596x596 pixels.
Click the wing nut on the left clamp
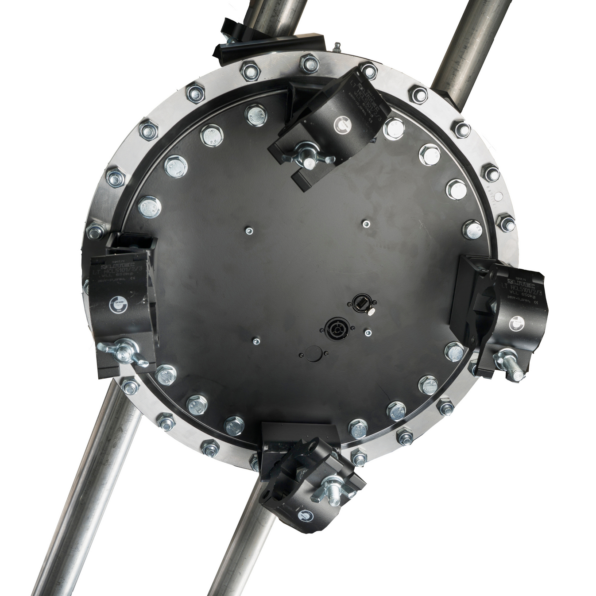coord(120,354)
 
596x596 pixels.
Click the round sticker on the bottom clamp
coord(305,515)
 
